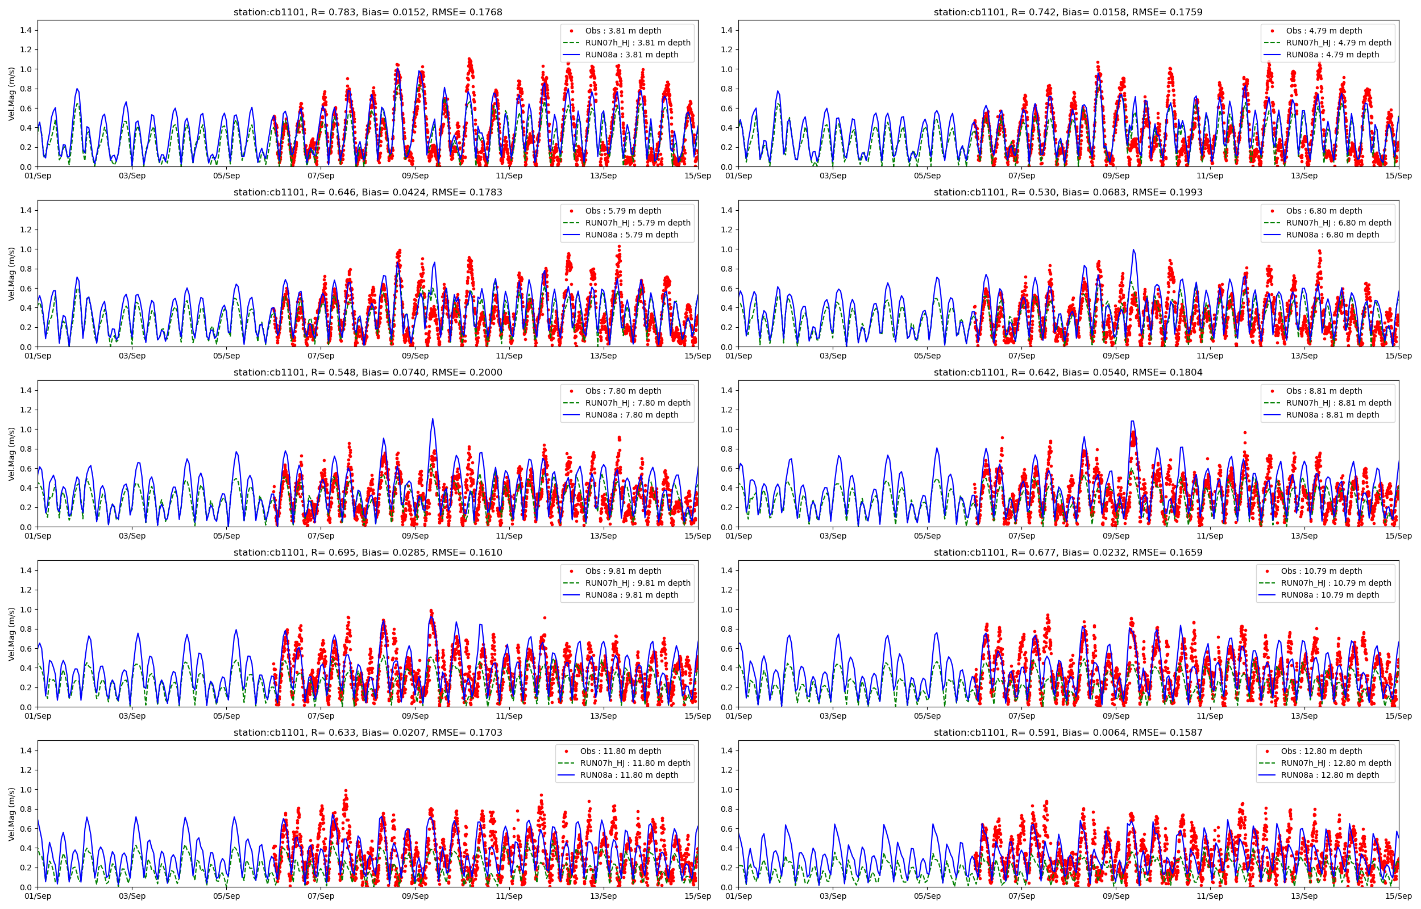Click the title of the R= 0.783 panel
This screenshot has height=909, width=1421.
[368, 12]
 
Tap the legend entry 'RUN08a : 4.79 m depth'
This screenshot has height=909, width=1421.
[1332, 55]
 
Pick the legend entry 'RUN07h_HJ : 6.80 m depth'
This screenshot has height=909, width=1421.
[1339, 223]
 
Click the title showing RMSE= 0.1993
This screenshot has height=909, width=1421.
[1068, 193]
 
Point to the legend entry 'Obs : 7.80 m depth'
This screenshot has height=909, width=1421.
[623, 391]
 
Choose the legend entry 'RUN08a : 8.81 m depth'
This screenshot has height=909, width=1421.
[1332, 415]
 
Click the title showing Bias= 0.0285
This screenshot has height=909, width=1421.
[368, 552]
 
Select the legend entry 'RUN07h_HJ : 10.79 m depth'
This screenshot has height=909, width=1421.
[1336, 583]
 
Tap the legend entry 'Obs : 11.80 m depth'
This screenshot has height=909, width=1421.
[621, 752]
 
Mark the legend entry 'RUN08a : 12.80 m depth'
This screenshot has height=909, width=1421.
[1330, 775]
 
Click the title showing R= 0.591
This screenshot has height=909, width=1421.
[1068, 732]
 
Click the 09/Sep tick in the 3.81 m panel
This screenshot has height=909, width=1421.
[415, 176]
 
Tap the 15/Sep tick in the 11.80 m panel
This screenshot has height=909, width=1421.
[698, 896]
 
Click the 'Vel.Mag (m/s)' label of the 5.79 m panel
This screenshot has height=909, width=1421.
[12, 274]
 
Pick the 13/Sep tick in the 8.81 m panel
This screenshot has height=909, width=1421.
[1304, 536]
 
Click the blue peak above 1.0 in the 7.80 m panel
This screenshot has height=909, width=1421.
[432, 420]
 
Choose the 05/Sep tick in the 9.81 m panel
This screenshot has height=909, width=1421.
[226, 716]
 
